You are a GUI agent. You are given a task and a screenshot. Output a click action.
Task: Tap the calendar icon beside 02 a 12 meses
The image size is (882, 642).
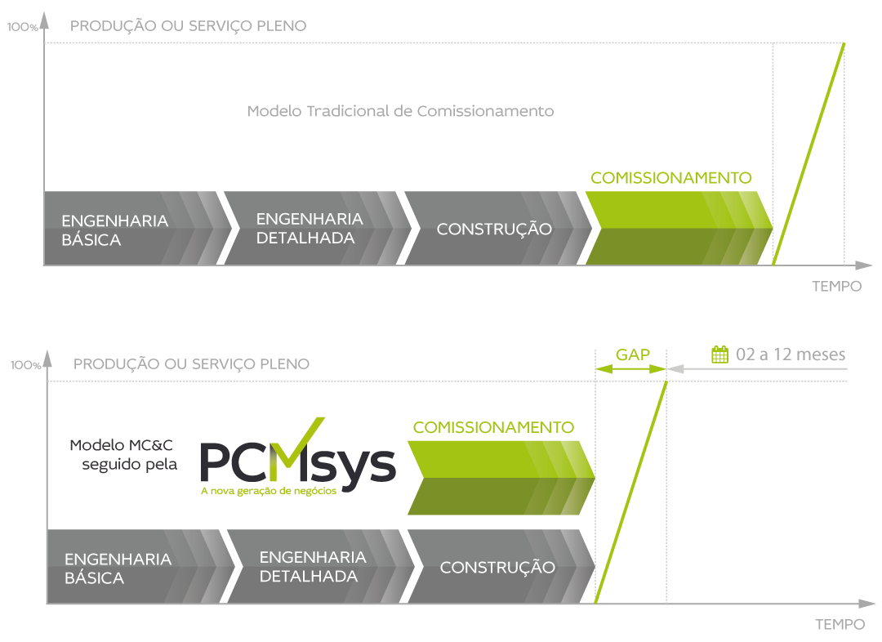point(719,354)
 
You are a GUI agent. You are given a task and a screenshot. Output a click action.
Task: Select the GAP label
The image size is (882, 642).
point(632,354)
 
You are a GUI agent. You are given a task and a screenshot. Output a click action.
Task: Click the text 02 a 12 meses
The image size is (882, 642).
point(790,354)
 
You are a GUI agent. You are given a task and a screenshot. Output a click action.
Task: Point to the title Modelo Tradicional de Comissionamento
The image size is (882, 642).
point(400,111)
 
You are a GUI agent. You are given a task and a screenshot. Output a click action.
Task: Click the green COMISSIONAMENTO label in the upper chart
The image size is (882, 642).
point(670,177)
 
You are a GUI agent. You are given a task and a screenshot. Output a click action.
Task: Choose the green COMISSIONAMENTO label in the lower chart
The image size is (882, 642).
point(493,427)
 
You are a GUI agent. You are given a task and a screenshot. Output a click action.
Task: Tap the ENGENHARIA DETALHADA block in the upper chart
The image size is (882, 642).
point(310,228)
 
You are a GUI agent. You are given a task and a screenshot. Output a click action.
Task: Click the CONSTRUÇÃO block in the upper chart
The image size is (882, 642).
point(494,229)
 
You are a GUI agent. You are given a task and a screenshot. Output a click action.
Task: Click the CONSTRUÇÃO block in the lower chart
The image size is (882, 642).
point(497,567)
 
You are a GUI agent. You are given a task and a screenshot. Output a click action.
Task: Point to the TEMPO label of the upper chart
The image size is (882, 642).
point(836,287)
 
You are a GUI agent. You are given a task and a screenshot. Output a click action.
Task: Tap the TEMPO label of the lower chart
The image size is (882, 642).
point(840,625)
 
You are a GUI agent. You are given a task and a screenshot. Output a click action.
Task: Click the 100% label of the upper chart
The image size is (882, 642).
point(23,27)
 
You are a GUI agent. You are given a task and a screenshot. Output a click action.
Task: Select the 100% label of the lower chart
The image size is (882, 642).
point(25,365)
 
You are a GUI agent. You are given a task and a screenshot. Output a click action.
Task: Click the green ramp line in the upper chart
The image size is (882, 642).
point(808,154)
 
